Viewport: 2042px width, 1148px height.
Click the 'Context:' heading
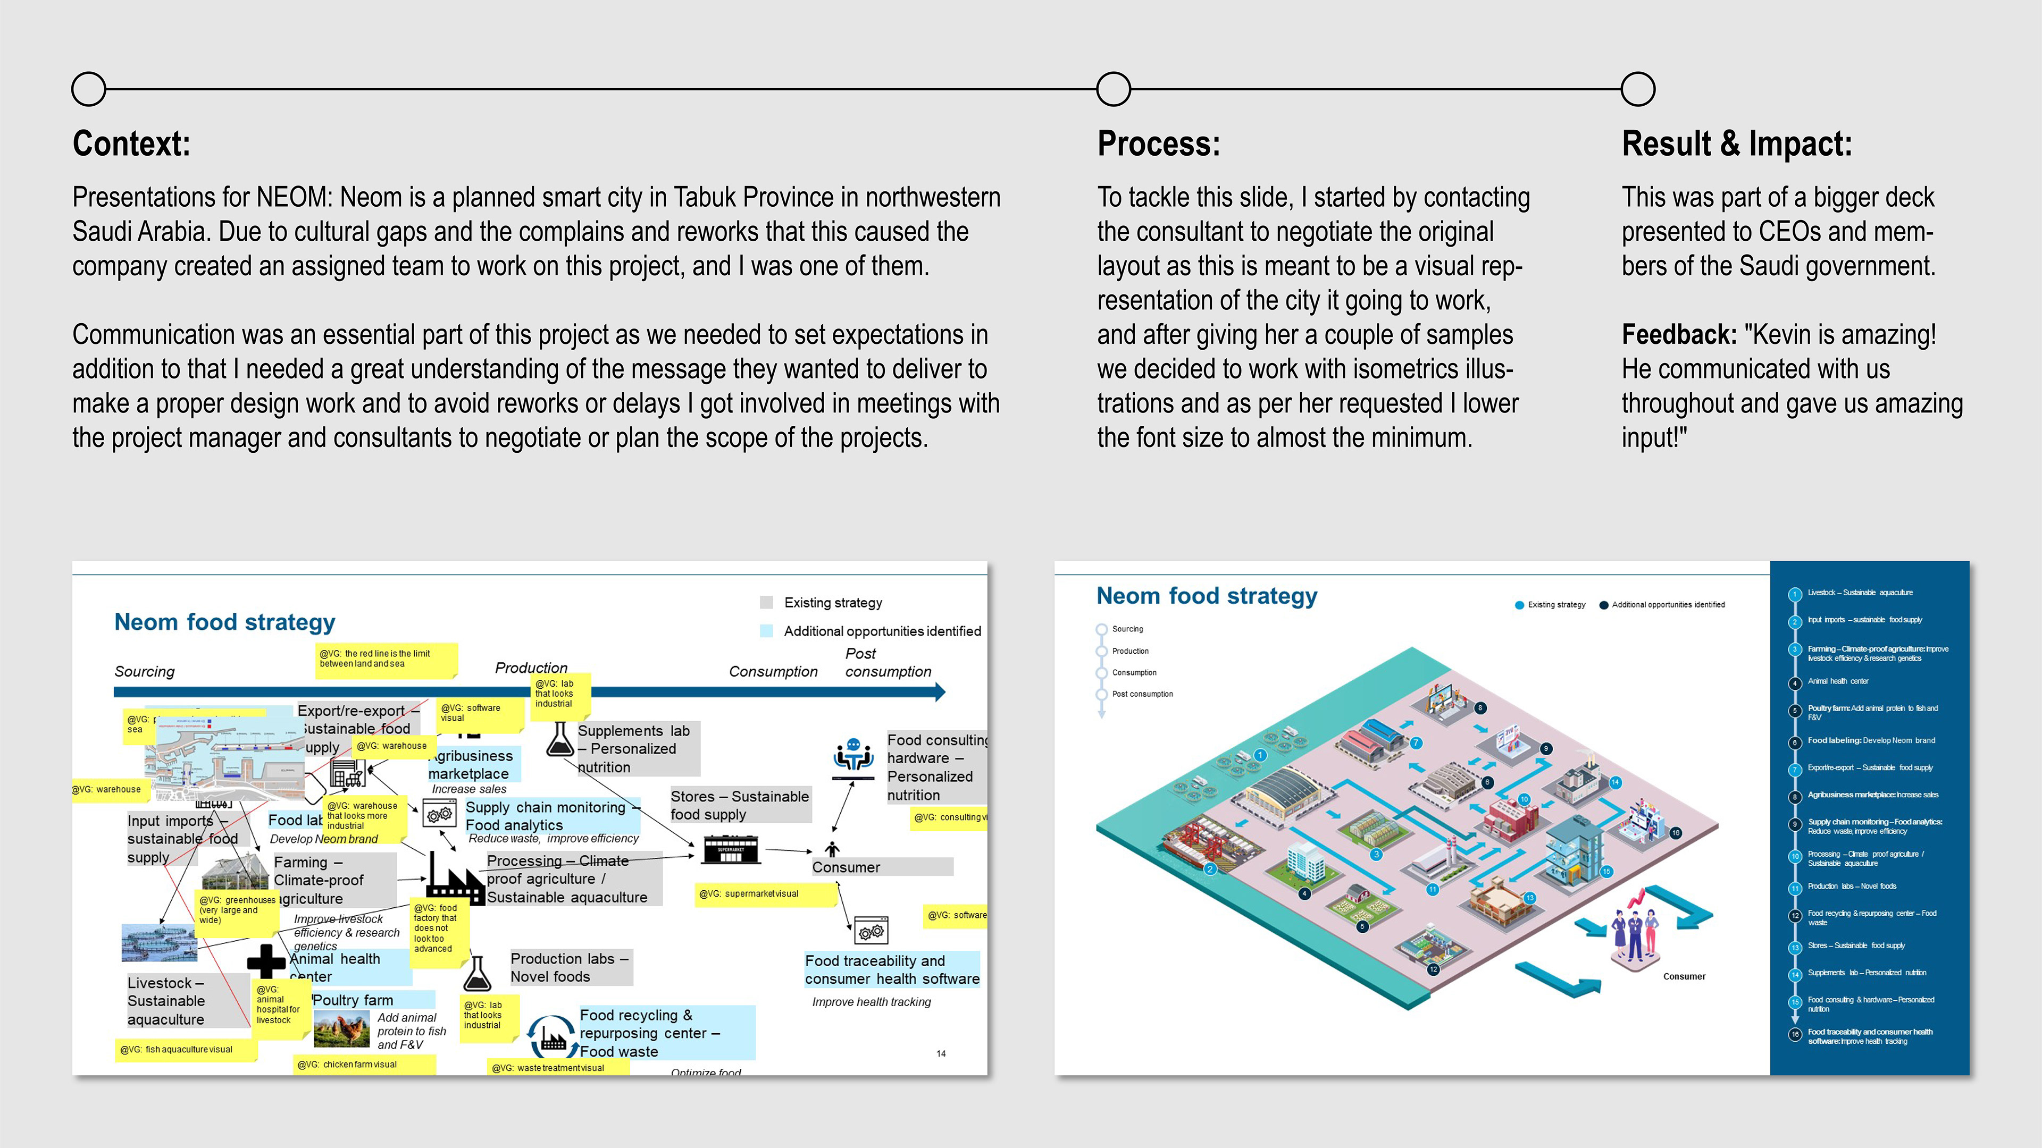(131, 144)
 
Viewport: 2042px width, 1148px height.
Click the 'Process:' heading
(1158, 144)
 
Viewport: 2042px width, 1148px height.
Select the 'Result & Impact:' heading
(1737, 144)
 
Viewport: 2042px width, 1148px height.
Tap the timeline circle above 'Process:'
(1114, 89)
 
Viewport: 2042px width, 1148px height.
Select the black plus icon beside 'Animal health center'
(265, 961)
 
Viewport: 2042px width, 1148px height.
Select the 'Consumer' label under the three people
(1684, 977)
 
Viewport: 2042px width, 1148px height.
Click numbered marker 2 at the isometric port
(1210, 869)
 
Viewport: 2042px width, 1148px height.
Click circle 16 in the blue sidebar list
(1795, 1035)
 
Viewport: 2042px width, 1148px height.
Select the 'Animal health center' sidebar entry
(1837, 681)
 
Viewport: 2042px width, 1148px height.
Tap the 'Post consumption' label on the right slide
(1142, 694)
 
